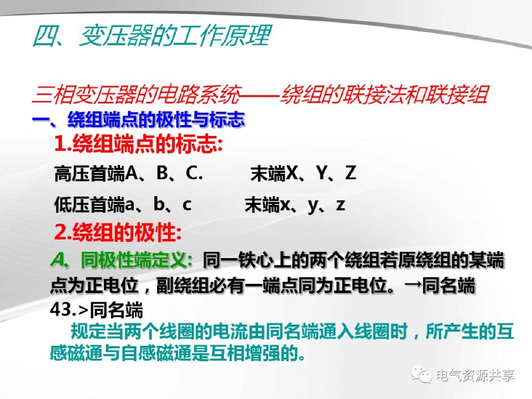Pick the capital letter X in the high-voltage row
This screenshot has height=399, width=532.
292,173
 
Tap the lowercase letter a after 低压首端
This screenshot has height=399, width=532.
130,205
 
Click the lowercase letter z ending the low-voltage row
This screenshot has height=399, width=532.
340,204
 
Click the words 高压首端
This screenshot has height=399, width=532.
90,174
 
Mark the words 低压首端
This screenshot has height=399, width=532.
90,205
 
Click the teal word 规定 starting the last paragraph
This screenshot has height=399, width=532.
83,332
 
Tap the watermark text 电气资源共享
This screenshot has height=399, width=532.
475,375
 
